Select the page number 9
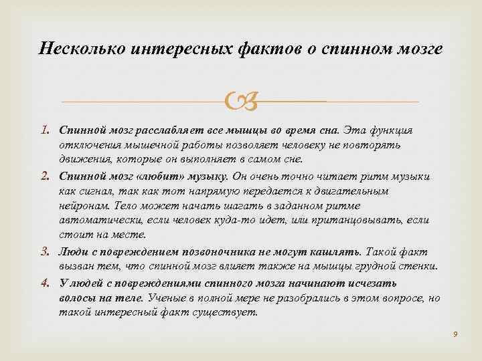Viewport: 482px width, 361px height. (x=455, y=333)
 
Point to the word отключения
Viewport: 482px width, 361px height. (x=84, y=144)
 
